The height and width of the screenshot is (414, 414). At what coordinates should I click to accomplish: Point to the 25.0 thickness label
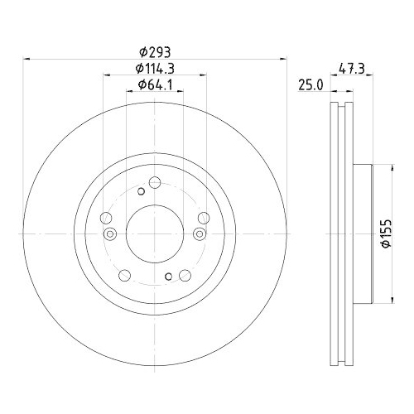(310, 84)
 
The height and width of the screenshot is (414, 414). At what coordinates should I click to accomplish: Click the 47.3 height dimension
(352, 70)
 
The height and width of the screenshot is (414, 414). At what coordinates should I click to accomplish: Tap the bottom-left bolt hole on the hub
(125, 275)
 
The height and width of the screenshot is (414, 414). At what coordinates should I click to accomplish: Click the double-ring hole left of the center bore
(106, 219)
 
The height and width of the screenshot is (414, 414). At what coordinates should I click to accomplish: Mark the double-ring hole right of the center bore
(203, 218)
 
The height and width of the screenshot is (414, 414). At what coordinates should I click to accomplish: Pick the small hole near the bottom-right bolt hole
(168, 277)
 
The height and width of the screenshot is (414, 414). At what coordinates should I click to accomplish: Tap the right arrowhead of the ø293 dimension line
(283, 59)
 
